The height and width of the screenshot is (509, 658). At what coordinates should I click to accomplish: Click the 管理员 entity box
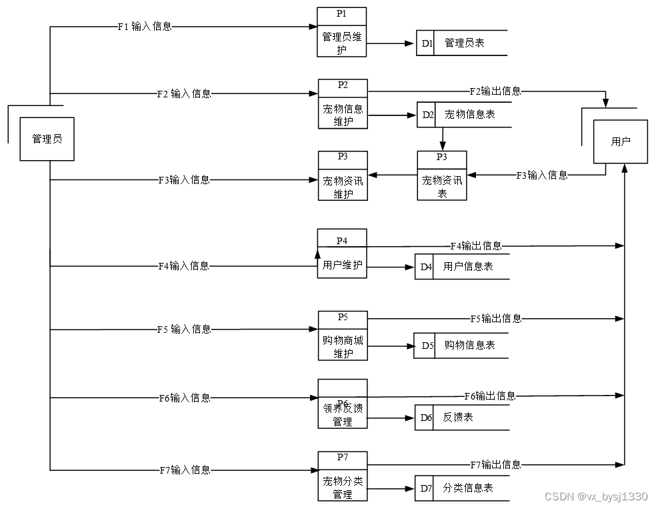point(47,139)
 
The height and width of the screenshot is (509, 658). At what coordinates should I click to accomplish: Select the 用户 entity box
point(620,141)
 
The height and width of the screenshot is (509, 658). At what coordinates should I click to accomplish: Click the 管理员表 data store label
point(465,43)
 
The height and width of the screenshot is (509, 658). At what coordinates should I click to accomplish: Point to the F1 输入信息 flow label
point(145,27)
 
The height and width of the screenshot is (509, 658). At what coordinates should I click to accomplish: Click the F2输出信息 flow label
point(495,91)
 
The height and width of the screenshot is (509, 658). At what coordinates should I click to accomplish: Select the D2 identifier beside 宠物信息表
point(427,115)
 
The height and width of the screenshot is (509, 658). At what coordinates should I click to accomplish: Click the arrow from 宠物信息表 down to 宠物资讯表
point(443,139)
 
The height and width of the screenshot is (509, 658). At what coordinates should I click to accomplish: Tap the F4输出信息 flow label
point(476,246)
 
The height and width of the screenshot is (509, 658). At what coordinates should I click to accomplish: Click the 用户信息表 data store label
point(468,267)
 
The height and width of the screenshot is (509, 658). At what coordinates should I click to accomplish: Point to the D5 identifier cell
point(427,346)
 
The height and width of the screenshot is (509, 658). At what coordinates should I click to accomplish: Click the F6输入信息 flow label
point(184,398)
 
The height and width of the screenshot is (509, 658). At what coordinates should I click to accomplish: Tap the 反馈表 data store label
point(458,418)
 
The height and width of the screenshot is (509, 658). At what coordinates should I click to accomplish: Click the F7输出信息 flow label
point(495,465)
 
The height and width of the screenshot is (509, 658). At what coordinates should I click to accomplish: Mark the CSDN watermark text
point(595,497)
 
